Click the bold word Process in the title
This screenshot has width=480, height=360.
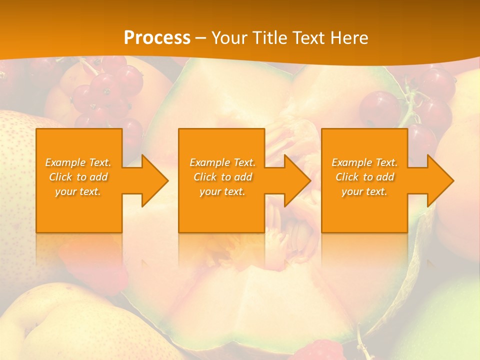(157, 38)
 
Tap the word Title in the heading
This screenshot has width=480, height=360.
(268, 38)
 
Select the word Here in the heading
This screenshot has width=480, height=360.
(348, 38)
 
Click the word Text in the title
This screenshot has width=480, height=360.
(308, 38)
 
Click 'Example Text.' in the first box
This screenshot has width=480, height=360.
(78, 162)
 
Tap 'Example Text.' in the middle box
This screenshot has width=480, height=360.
(222, 162)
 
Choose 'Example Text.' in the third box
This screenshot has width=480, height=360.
(364, 162)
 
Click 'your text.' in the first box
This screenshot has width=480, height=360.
(78, 191)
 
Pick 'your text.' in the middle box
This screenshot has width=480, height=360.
(222, 191)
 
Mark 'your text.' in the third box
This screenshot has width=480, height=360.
(364, 191)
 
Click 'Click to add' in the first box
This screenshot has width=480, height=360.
(78, 177)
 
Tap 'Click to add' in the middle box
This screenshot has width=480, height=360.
(222, 177)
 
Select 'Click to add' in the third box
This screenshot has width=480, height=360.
(364, 177)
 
